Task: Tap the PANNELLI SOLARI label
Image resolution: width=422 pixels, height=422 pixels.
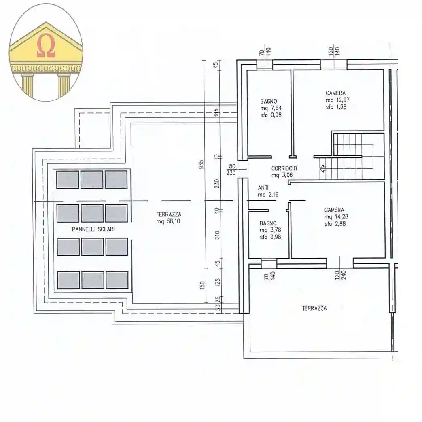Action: coord(93,229)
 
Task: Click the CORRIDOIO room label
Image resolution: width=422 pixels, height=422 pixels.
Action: coord(284,169)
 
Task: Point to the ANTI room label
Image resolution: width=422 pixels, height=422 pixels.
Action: coord(263,188)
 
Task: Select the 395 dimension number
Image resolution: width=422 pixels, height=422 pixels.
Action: coord(216,113)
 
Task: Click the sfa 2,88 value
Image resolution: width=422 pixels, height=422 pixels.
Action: coord(335,223)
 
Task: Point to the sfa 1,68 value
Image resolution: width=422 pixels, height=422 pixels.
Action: coord(336,107)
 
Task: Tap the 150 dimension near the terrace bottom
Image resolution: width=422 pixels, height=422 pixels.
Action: coord(203,286)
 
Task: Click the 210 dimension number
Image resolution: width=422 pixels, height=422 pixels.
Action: coord(217,235)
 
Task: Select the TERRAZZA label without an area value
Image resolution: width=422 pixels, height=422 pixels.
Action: coord(314,308)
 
